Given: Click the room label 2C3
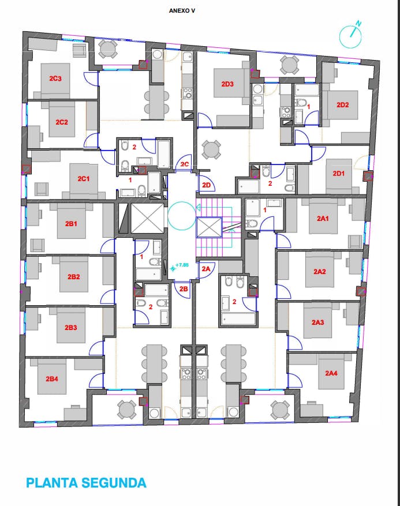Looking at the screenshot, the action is (55, 78).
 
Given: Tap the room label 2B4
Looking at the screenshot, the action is (51, 379).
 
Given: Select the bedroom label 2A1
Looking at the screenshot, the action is (323, 219).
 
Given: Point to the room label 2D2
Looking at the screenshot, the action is (342, 105).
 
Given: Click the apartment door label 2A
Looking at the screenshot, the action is (206, 268).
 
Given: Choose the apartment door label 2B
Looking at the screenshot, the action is (184, 289).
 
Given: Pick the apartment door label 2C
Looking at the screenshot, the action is (184, 164).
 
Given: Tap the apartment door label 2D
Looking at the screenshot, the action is (206, 185).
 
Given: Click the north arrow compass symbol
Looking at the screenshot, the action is (350, 35).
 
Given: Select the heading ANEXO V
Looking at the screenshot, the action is (182, 10).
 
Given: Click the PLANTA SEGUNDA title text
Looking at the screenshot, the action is (86, 483).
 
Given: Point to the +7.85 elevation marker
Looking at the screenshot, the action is (180, 266).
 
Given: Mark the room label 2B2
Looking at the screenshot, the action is (74, 277).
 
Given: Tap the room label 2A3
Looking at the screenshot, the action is (317, 323).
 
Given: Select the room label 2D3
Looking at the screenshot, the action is (227, 84).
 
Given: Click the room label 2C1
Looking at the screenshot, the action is (83, 178).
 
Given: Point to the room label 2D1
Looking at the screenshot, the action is (339, 174).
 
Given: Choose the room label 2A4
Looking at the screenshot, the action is (331, 373).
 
